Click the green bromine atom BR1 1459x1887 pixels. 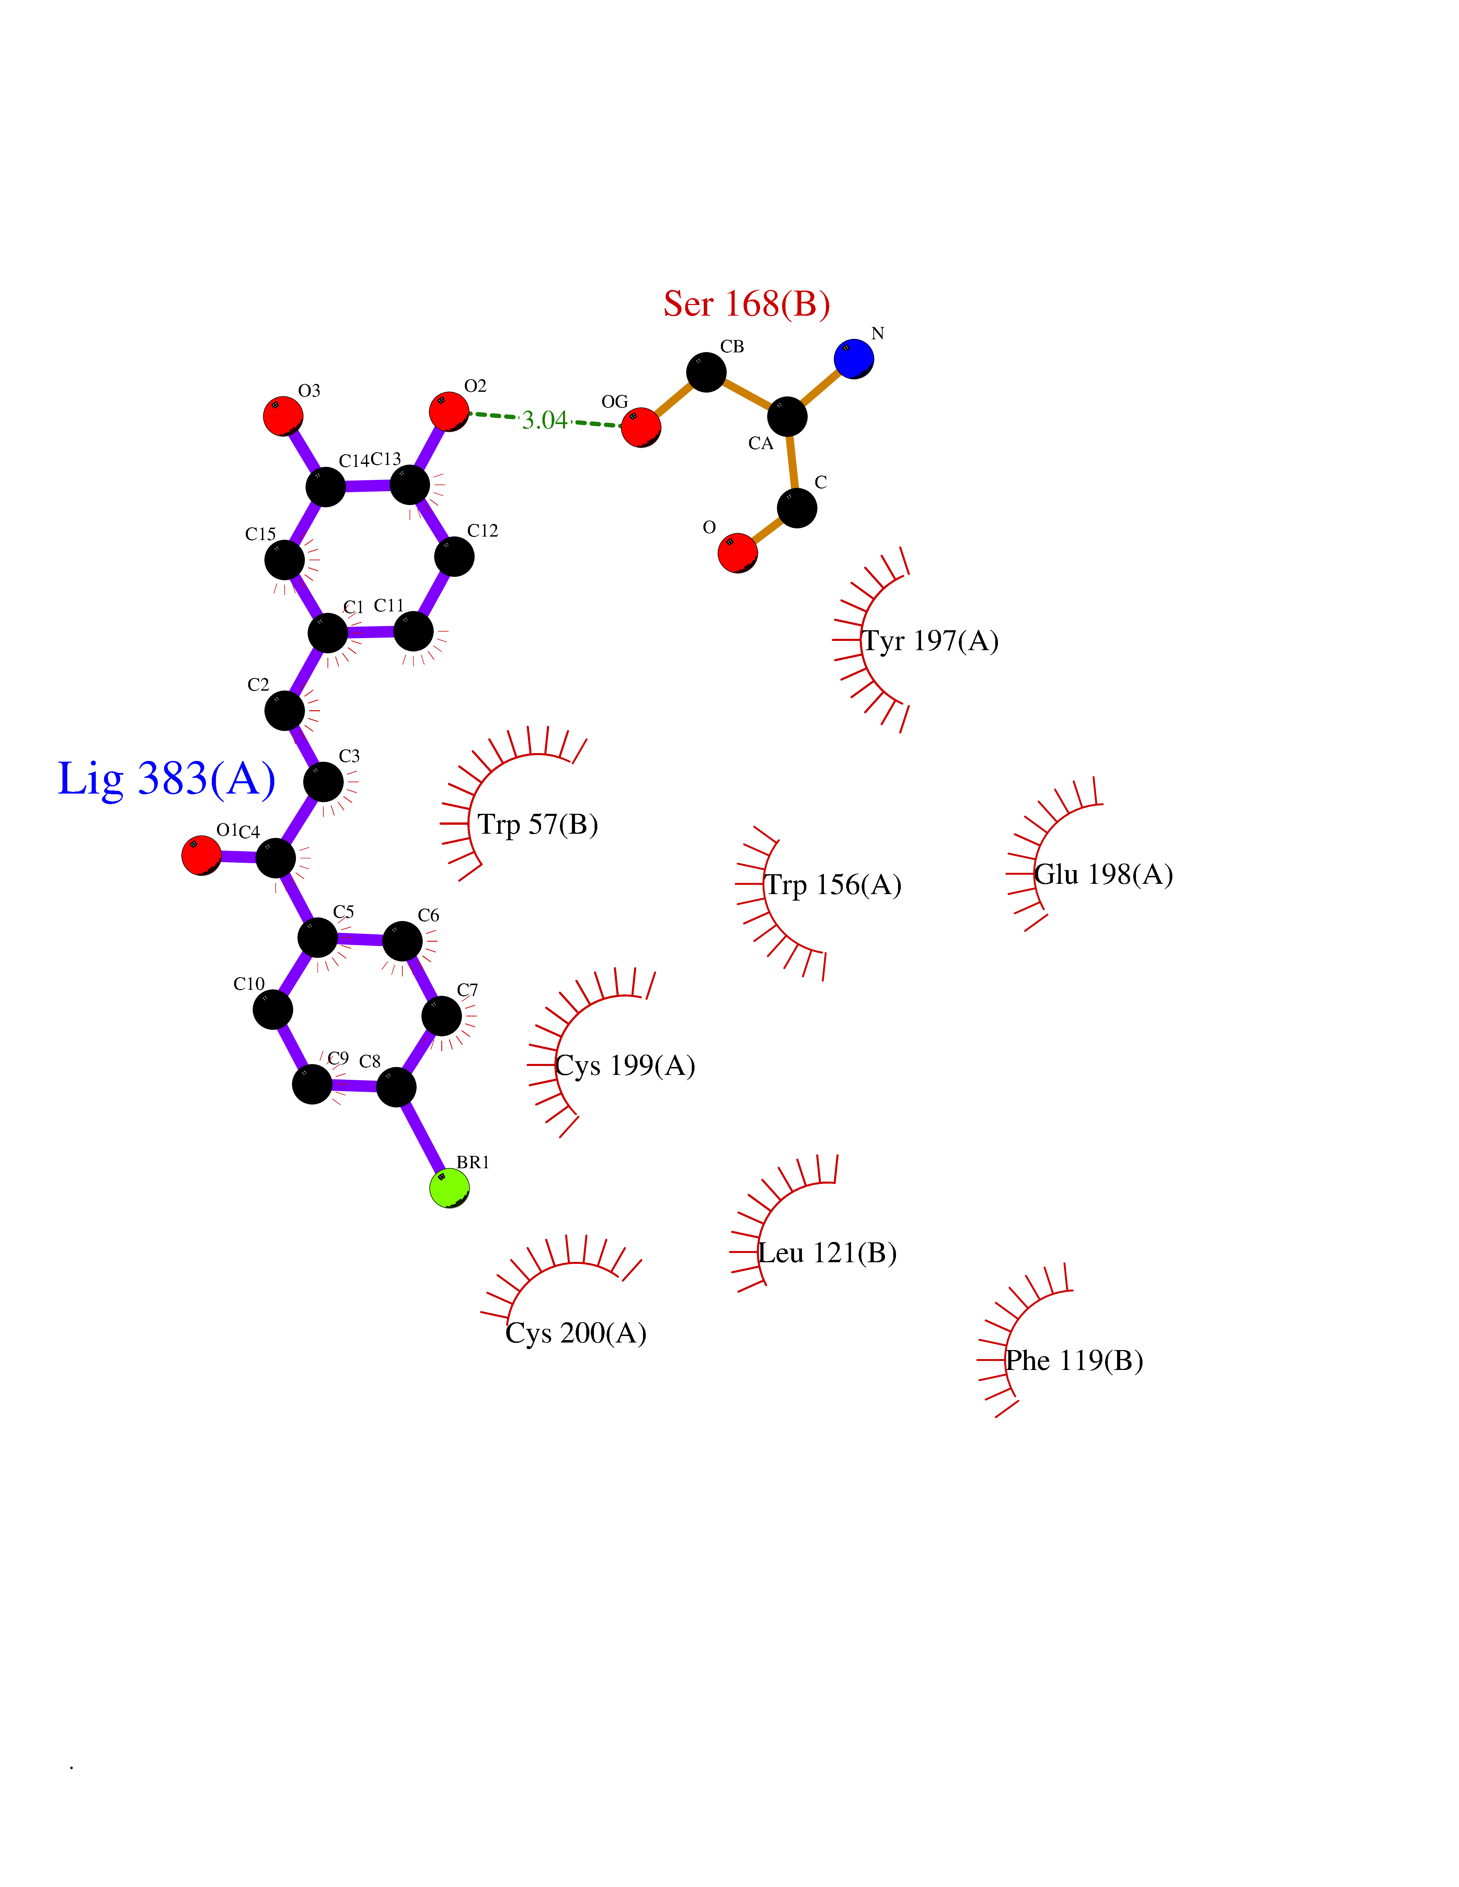[449, 1188]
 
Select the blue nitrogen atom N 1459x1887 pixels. [854, 359]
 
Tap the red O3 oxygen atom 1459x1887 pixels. [283, 415]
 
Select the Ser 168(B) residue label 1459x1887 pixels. [747, 304]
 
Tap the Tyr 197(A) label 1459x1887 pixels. [931, 641]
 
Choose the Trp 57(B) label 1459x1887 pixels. [538, 824]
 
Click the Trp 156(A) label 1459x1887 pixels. [833, 885]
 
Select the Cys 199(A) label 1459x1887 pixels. [625, 1065]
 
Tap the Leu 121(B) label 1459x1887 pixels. [827, 1253]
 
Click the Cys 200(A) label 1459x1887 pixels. [576, 1333]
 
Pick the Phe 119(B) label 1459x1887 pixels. [1075, 1361]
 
